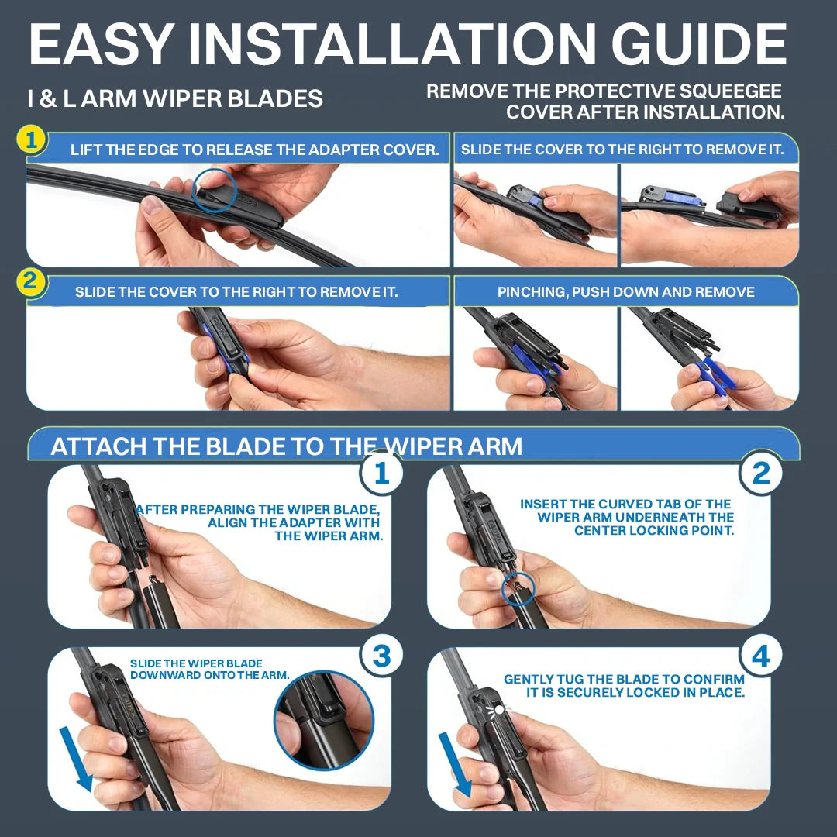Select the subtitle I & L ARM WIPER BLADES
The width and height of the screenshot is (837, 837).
tap(175, 99)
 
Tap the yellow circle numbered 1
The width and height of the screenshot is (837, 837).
tap(31, 141)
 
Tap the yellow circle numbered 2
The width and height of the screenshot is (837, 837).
tap(31, 282)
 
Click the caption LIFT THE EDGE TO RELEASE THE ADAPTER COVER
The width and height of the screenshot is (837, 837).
tap(254, 150)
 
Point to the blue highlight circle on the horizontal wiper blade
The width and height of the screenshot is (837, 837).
tap(213, 190)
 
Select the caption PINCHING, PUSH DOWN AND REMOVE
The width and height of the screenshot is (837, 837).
tap(625, 292)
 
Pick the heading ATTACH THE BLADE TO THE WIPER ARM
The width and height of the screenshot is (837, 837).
tap(286, 446)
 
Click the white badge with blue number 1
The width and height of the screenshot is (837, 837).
tap(381, 473)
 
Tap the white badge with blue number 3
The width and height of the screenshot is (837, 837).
tap(381, 656)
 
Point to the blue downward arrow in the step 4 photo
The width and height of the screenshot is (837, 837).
tap(456, 763)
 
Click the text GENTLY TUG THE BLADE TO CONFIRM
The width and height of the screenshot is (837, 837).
tap(624, 679)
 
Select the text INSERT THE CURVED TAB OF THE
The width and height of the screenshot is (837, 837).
tap(625, 504)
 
